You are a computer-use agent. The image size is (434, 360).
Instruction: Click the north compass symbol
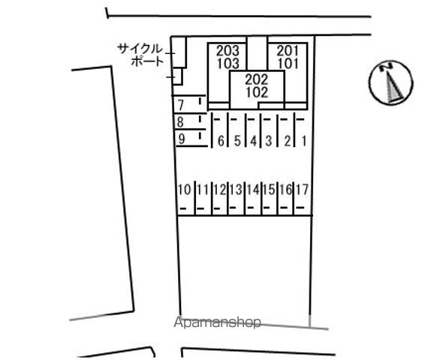390,82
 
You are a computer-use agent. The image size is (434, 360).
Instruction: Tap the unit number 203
228,50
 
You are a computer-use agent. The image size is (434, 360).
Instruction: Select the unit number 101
288,64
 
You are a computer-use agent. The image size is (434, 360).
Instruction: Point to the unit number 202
257,79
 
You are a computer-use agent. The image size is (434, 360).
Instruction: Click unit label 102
257,92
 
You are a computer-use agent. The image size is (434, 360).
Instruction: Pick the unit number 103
228,64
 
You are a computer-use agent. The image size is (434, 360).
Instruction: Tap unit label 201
288,50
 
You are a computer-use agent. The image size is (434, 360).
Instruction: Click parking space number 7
181,105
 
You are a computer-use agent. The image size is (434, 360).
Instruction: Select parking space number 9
181,139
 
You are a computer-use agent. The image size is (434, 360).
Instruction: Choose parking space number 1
304,141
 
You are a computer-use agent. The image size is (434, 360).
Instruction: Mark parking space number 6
221,141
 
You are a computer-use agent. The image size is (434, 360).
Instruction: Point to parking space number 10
185,190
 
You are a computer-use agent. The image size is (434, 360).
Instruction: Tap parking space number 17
302,190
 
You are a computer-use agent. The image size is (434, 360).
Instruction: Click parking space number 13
236,190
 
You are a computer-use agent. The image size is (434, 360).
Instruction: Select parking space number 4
254,141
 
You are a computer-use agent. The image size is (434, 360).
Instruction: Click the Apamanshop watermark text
217,322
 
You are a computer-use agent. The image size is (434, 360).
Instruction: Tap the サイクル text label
140,49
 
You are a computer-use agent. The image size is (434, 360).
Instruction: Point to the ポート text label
147,61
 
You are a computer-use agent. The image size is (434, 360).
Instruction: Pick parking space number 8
180,122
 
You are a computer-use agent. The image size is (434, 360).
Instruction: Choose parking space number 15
269,190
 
